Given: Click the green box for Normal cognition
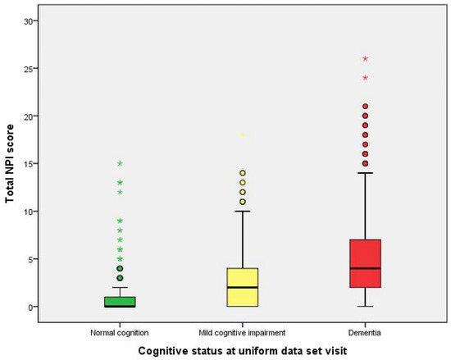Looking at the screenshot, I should pyautogui.click(x=119, y=301).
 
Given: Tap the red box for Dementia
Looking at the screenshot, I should pyautogui.click(x=364, y=263).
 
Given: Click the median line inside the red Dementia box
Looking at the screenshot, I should pyautogui.click(x=364, y=268).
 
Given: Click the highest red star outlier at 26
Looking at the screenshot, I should pyautogui.click(x=365, y=58).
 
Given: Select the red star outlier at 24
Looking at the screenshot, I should pyautogui.click(x=365, y=78).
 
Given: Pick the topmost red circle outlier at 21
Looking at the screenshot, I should pyautogui.click(x=365, y=107).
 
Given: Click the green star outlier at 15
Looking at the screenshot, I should pyautogui.click(x=119, y=164).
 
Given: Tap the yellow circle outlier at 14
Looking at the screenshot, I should pyautogui.click(x=242, y=173).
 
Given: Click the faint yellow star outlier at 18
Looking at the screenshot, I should pyautogui.click(x=242, y=135).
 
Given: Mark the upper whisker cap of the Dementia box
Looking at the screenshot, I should pyautogui.click(x=364, y=173).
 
